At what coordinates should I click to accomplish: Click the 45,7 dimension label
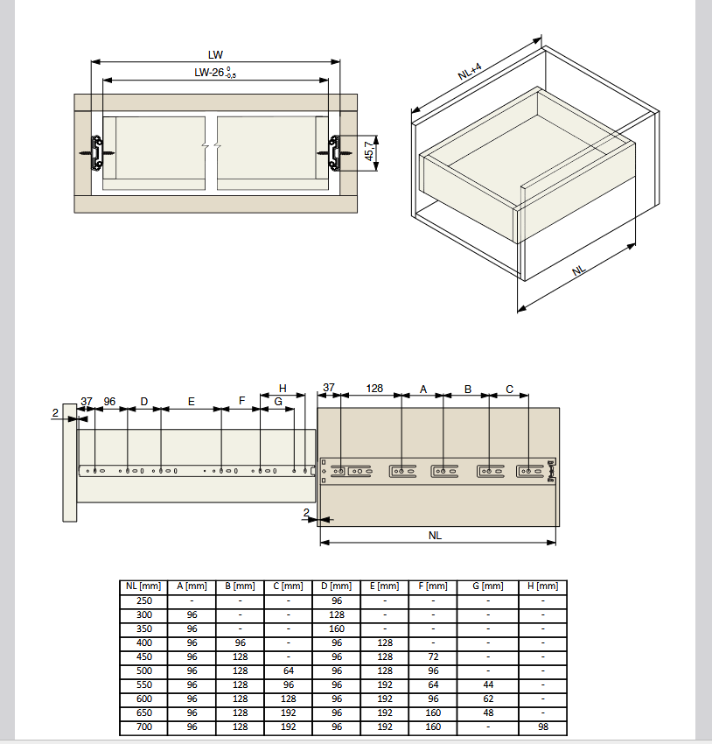coord(369,151)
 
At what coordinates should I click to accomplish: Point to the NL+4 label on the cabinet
coord(470,71)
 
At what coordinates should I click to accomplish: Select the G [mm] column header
coord(488,586)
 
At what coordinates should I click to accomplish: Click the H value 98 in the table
coord(543,726)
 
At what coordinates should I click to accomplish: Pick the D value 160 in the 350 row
coord(337,628)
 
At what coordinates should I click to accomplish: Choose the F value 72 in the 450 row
coord(433,656)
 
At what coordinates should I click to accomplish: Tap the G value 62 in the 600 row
coord(488,698)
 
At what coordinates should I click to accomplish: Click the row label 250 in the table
coord(144,600)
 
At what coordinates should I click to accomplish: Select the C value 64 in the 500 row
coord(289,670)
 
